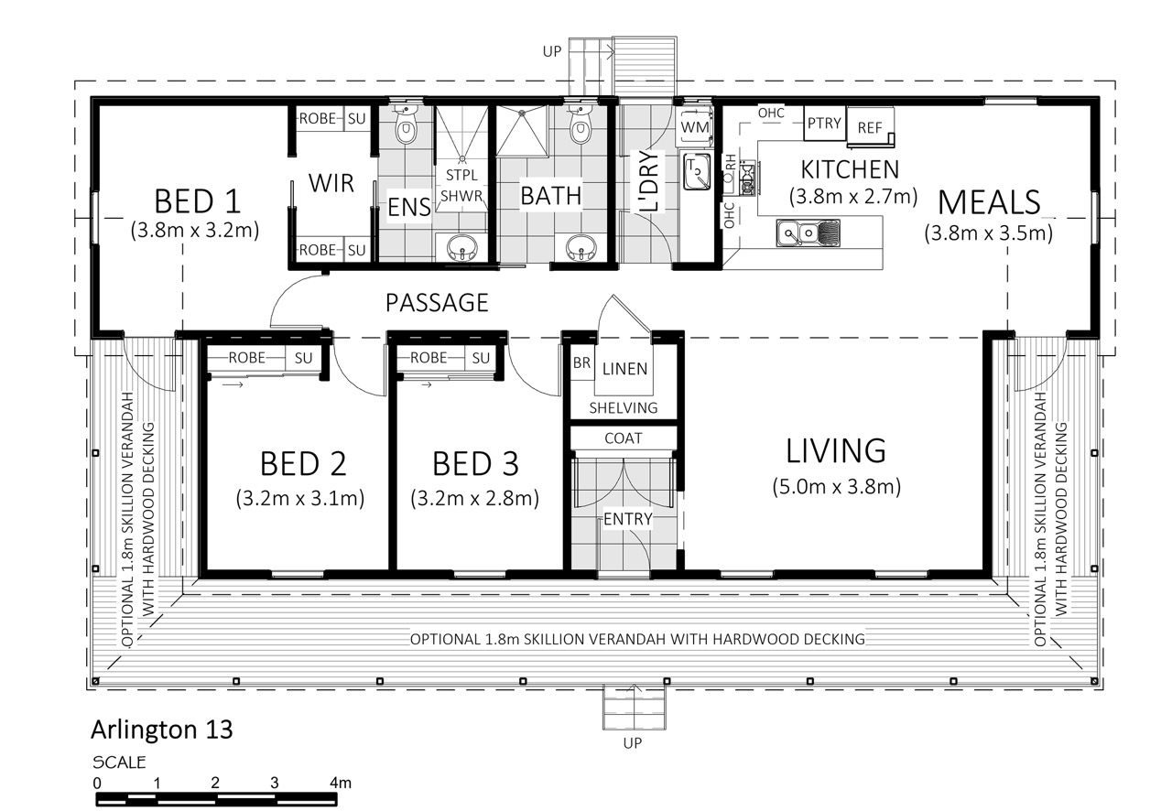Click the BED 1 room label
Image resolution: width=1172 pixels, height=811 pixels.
tap(197, 201)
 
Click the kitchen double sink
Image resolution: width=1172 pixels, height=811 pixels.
tap(808, 232)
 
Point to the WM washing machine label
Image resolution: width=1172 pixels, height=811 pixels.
tap(695, 127)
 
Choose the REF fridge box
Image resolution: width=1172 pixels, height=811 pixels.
tap(870, 127)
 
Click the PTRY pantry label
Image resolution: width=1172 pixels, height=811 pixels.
tap(824, 123)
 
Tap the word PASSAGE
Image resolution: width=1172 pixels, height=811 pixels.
tap(437, 303)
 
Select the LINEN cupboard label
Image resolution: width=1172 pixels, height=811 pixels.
tap(624, 369)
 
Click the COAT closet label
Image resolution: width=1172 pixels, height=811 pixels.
tap(624, 438)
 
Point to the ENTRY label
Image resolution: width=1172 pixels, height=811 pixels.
tap(628, 519)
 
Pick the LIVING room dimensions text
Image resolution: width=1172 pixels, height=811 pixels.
tap(837, 487)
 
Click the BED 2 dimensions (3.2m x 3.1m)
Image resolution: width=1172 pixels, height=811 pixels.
tap(299, 498)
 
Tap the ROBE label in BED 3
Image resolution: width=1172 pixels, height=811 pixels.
tap(429, 358)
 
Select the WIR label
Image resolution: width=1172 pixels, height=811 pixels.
tap(331, 183)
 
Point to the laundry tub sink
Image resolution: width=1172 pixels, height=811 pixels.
tap(697, 171)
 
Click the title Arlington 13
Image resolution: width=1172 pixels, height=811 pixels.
tap(162, 730)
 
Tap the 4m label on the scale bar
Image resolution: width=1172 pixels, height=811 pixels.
tap(341, 783)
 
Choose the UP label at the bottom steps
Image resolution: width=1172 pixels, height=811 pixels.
tap(633, 743)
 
